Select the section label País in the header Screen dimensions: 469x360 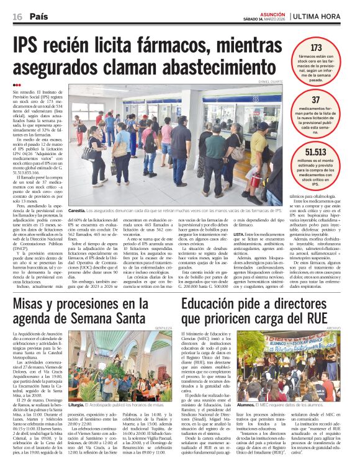[38, 16]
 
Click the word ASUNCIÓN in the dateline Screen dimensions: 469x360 [273, 13]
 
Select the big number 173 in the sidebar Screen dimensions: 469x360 [316, 47]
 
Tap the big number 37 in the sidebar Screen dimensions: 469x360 [316, 100]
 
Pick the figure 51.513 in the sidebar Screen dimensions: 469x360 [316, 152]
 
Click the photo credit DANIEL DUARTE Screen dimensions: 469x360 [269, 82]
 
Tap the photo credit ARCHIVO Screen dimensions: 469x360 [334, 328]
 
